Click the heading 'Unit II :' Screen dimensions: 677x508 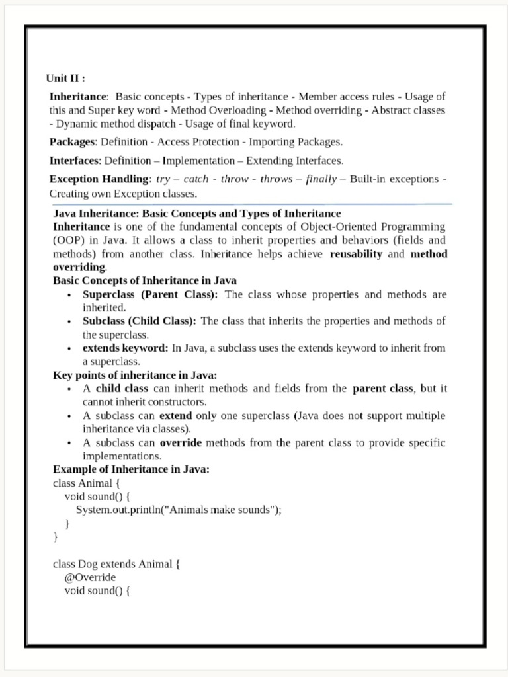[x=65, y=78]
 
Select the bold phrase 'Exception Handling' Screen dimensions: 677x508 [x=99, y=179]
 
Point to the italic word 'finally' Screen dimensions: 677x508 [x=321, y=179]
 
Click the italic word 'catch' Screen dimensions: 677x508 [x=196, y=179]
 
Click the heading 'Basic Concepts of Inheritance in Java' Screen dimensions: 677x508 [x=145, y=281]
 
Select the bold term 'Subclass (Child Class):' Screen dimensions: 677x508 [x=139, y=321]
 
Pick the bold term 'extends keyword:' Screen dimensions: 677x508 [x=126, y=348]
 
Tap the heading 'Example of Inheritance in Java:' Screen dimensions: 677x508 [x=131, y=470]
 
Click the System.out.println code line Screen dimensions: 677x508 [x=179, y=510]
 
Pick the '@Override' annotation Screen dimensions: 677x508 [x=90, y=578]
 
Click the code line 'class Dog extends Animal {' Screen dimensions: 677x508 [x=116, y=565]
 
